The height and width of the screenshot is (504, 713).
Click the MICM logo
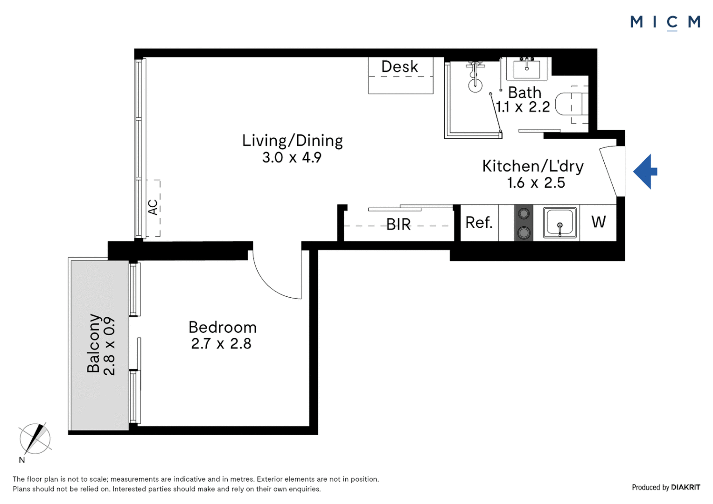(x=665, y=23)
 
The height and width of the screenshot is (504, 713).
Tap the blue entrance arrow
(x=645, y=172)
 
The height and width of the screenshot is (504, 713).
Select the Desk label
(x=399, y=67)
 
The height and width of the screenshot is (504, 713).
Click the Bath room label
(x=524, y=93)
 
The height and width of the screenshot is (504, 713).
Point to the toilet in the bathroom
(x=571, y=104)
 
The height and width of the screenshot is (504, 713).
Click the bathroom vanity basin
(x=526, y=69)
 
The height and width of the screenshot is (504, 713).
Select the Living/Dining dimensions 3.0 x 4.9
(x=292, y=158)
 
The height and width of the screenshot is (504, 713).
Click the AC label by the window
(x=153, y=207)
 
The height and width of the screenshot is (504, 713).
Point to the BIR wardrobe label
(x=398, y=225)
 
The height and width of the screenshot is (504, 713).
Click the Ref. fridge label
(x=479, y=223)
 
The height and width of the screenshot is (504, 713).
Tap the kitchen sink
(x=560, y=223)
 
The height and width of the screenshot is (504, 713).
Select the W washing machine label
(x=598, y=222)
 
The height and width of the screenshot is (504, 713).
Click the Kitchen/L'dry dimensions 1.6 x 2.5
(x=536, y=183)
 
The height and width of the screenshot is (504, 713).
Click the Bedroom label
(x=223, y=327)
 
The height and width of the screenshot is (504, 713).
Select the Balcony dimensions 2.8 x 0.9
(x=110, y=346)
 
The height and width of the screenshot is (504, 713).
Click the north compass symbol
(x=35, y=439)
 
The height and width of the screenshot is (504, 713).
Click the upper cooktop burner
(x=524, y=213)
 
